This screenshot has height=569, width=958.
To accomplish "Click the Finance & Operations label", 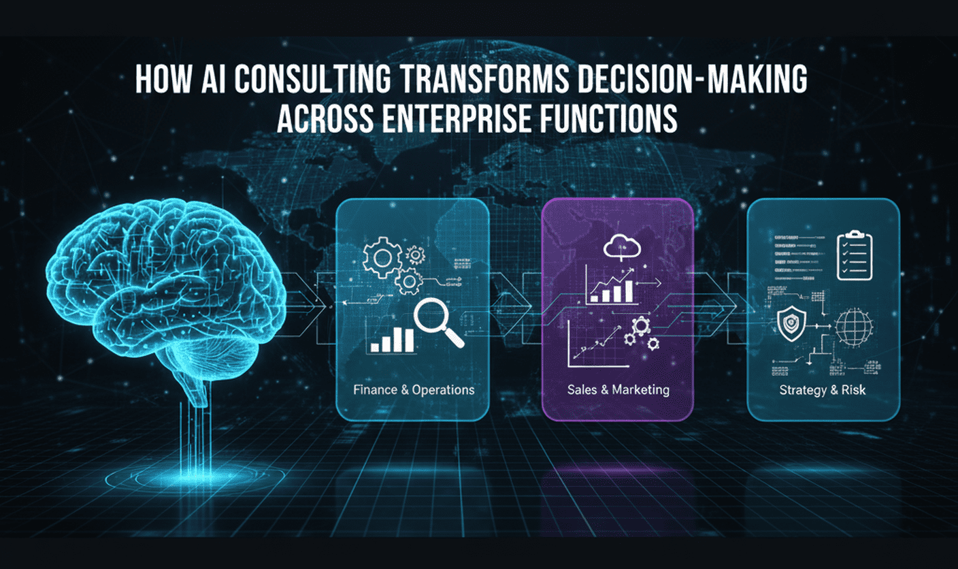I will (x=414, y=390).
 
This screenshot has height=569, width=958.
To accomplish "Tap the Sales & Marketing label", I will (x=618, y=390).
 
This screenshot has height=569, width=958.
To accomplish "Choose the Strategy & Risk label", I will (x=823, y=391).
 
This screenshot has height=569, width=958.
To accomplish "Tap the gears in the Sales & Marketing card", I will (x=642, y=334).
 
